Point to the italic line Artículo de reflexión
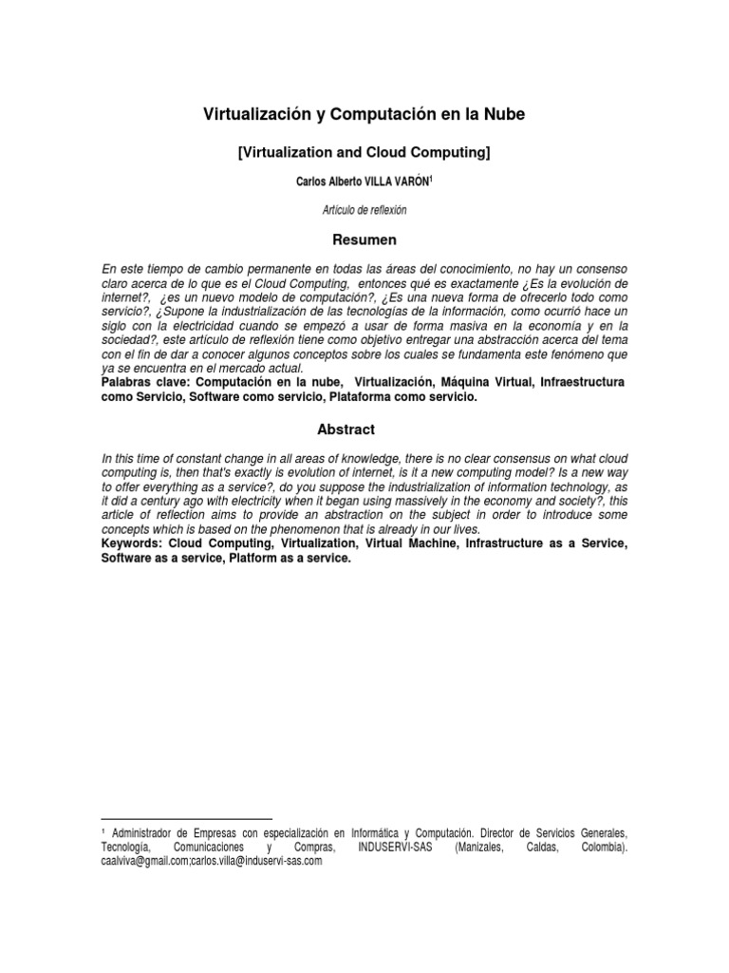[x=364, y=209]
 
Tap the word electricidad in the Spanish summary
[x=188, y=326]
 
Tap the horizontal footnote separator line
[x=186, y=817]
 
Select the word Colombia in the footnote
[x=602, y=847]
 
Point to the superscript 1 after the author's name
[x=431, y=178]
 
